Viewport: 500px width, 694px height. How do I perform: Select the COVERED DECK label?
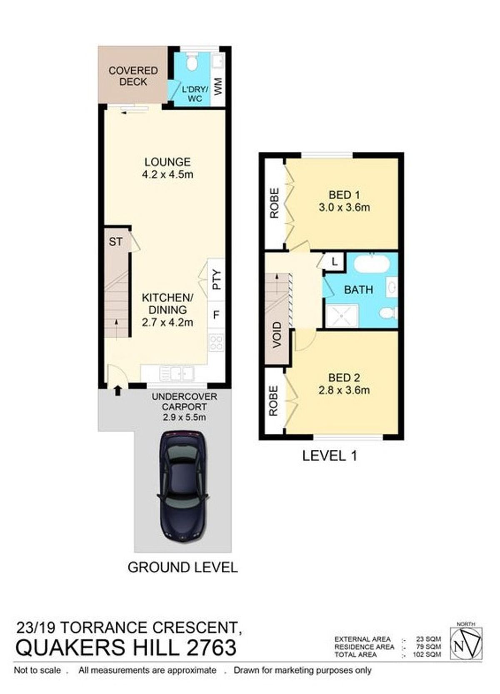tap(133, 76)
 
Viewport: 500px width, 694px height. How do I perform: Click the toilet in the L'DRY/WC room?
tap(191, 62)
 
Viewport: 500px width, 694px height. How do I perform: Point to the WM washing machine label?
tap(218, 87)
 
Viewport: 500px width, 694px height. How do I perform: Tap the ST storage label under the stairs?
tap(115, 242)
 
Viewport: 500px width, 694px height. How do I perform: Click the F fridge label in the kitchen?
tap(217, 315)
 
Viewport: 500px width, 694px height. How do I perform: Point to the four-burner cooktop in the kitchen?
tap(217, 343)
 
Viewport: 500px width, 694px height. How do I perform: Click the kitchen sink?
tap(177, 373)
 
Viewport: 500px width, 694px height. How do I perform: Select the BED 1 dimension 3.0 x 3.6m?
tap(344, 207)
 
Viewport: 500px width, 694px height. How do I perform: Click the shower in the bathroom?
tap(342, 316)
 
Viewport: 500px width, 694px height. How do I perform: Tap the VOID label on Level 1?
tap(277, 335)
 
